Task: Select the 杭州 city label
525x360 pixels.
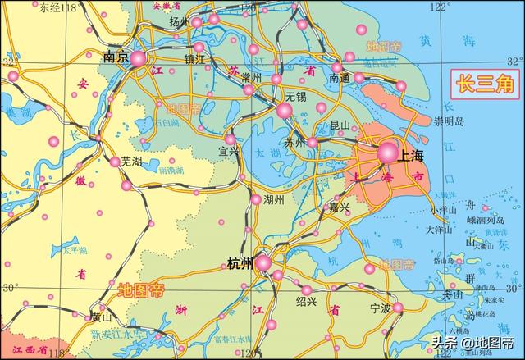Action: (240, 264)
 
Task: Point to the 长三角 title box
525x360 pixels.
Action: (483, 83)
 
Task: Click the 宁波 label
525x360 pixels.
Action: (381, 309)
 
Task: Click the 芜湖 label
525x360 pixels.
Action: (132, 162)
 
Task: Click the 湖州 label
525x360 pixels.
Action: (273, 199)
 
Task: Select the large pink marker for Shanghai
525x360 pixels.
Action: (386, 152)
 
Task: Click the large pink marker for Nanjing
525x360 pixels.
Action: (138, 59)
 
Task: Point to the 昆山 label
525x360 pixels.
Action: (340, 125)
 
